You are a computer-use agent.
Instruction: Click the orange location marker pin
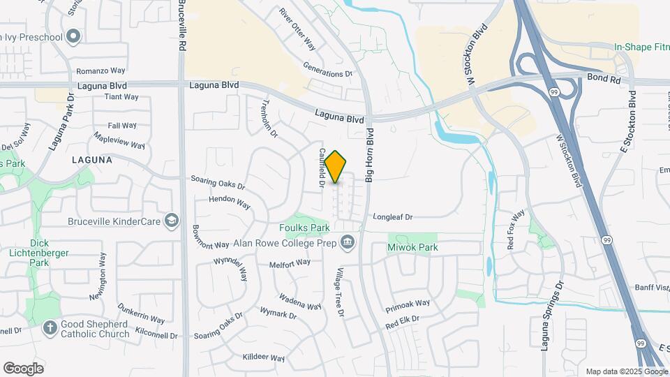(336, 167)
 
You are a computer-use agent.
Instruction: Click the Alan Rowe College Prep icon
(347, 242)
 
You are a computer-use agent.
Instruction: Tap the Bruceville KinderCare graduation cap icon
(170, 222)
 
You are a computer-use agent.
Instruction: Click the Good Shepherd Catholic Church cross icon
(50, 327)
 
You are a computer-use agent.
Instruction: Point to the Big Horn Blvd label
(370, 156)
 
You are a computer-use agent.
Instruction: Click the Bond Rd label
(603, 80)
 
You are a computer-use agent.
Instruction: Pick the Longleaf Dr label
(394, 217)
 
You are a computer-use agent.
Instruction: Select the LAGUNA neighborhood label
(91, 160)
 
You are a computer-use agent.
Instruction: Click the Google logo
(23, 369)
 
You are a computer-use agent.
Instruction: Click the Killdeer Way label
(264, 358)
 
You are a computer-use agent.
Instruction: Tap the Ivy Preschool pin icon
(73, 37)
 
